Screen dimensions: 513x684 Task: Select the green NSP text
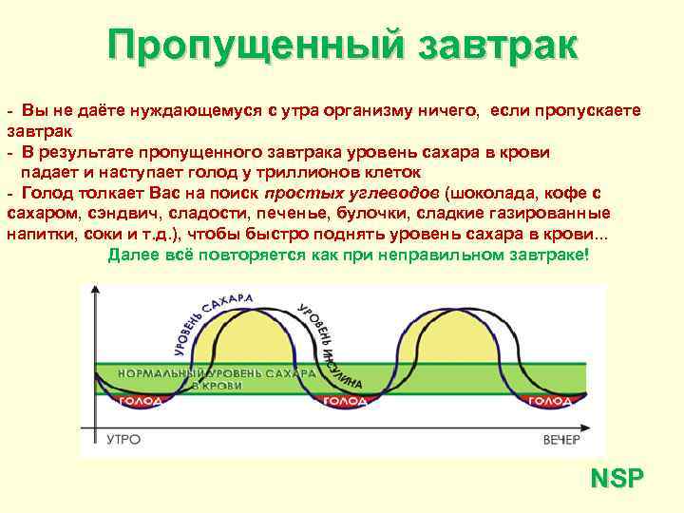click(x=616, y=478)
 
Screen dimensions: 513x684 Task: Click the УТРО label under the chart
click(x=123, y=439)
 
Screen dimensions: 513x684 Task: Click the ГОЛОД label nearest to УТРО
click(x=140, y=402)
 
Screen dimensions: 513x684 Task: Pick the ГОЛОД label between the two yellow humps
click(x=344, y=402)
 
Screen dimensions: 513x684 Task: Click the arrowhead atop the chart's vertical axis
click(x=94, y=288)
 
